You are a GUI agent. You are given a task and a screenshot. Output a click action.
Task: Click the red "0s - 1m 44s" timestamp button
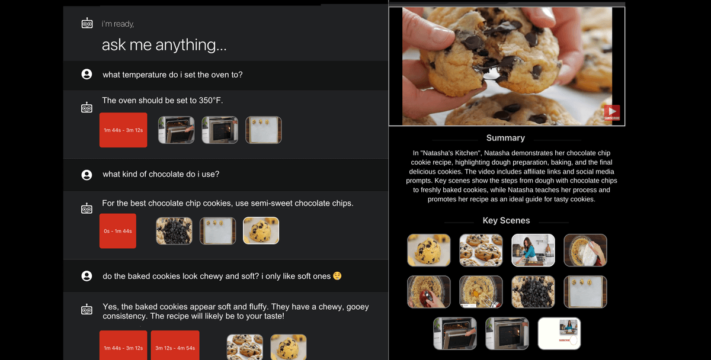pos(118,231)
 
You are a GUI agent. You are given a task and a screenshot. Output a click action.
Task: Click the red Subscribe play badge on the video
pos(612,112)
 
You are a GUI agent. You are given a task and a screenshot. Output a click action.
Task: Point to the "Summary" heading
pos(505,138)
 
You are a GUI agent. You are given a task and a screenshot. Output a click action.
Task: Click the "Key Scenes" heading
pos(506,220)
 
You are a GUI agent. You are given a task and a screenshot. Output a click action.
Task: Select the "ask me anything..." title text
pos(164,45)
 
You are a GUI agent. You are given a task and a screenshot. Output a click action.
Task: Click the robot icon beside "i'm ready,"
pos(87,24)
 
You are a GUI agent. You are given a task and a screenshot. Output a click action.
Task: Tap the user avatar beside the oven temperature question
pos(87,74)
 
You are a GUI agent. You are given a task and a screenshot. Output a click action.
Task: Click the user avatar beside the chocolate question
pos(87,175)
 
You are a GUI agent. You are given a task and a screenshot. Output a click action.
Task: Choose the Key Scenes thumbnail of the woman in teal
pos(533,250)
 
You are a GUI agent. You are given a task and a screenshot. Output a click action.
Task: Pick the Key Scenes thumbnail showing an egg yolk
pos(481,292)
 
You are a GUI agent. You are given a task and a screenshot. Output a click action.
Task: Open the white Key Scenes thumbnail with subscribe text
pos(559,334)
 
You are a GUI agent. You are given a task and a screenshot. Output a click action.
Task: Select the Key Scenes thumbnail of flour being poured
pos(585,250)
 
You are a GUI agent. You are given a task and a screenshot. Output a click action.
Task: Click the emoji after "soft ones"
pos(337,276)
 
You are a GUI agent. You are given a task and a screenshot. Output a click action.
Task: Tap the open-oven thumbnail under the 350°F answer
pos(176,130)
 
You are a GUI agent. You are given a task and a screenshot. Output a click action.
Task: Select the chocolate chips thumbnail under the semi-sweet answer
pos(174,231)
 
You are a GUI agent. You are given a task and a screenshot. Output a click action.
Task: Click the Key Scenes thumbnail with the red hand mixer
pos(429,292)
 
